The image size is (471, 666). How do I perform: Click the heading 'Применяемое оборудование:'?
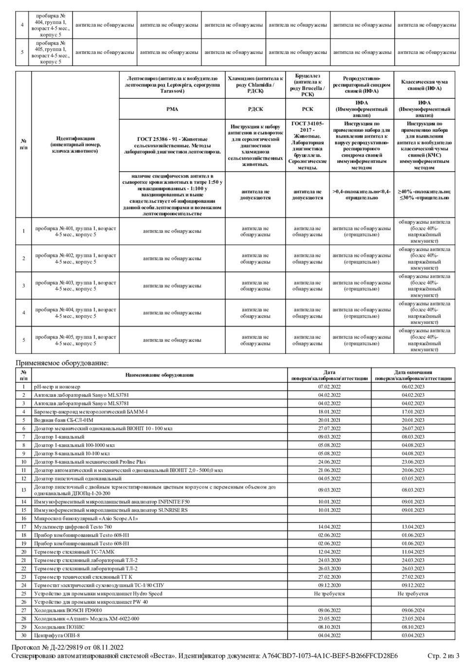click(62, 362)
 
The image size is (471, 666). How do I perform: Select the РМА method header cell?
click(172, 109)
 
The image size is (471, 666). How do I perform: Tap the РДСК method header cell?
click(255, 109)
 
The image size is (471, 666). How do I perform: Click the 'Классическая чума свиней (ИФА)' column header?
click(424, 85)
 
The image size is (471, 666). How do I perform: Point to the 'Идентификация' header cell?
click(75, 144)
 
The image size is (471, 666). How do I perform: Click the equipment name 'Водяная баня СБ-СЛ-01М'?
click(63, 420)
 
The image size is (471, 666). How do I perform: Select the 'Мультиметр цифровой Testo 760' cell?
click(72, 527)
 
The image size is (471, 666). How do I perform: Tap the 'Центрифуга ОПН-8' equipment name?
click(56, 635)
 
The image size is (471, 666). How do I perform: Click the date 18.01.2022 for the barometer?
click(329, 412)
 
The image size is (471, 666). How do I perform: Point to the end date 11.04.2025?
click(413, 552)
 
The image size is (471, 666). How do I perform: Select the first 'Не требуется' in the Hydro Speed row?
click(329, 594)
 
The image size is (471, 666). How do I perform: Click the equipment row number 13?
click(23, 490)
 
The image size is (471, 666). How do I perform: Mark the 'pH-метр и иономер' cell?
click(57, 387)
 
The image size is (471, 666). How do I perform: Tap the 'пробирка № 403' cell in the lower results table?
click(75, 286)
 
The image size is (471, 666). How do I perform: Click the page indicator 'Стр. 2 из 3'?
click(443, 656)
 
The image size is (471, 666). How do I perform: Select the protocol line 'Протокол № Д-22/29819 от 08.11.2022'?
click(68, 647)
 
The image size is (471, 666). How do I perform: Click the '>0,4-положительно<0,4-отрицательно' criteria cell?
click(361, 195)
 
